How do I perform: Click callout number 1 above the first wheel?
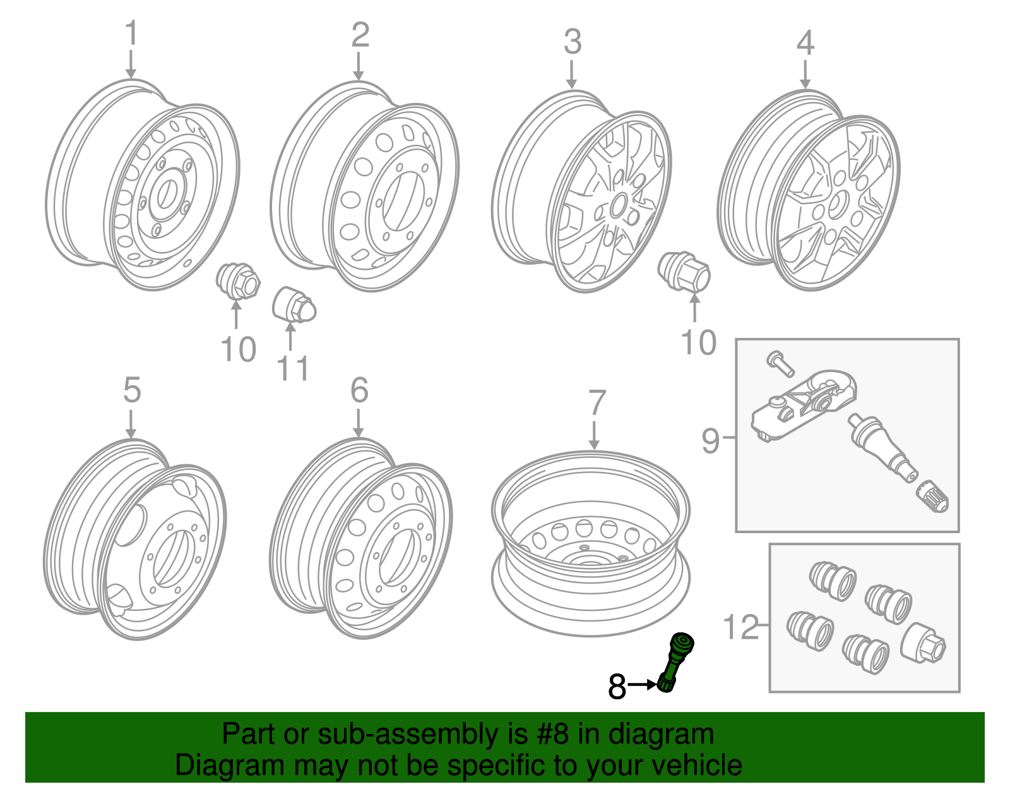point(131,33)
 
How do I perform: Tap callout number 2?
point(360,35)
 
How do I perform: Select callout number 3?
point(572,42)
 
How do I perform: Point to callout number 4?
point(805,43)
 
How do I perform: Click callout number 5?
point(131,390)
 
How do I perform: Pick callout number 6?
point(359,390)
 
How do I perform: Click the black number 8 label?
point(617,687)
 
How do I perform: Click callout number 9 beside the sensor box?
point(710,440)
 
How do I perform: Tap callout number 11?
point(293,369)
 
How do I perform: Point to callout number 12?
point(740,628)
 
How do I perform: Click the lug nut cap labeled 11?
point(293,305)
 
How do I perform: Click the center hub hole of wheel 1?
point(167,193)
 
